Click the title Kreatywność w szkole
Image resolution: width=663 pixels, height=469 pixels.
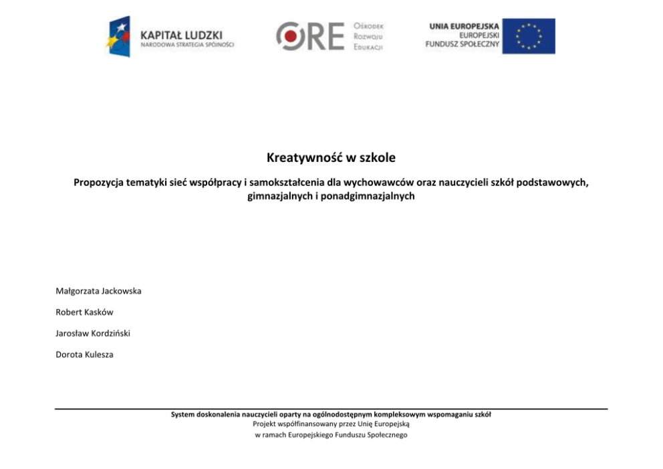331,159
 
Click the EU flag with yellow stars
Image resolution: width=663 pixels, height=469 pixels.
529,36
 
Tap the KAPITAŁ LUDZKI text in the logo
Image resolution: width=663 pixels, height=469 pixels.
181,35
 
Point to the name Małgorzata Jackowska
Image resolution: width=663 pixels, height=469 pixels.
98,291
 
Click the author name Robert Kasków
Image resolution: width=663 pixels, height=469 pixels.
84,312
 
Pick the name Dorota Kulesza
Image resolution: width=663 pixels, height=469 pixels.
84,355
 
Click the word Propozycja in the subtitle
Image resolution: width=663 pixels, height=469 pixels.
100,183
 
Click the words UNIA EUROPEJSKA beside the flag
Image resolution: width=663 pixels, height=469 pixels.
464,26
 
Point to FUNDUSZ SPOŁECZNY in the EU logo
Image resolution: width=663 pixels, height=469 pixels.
462,44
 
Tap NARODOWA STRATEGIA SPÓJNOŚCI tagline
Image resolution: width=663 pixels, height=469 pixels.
187,45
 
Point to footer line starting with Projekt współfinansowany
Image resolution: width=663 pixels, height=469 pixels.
331,424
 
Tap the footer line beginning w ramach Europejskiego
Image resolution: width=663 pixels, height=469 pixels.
331,435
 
